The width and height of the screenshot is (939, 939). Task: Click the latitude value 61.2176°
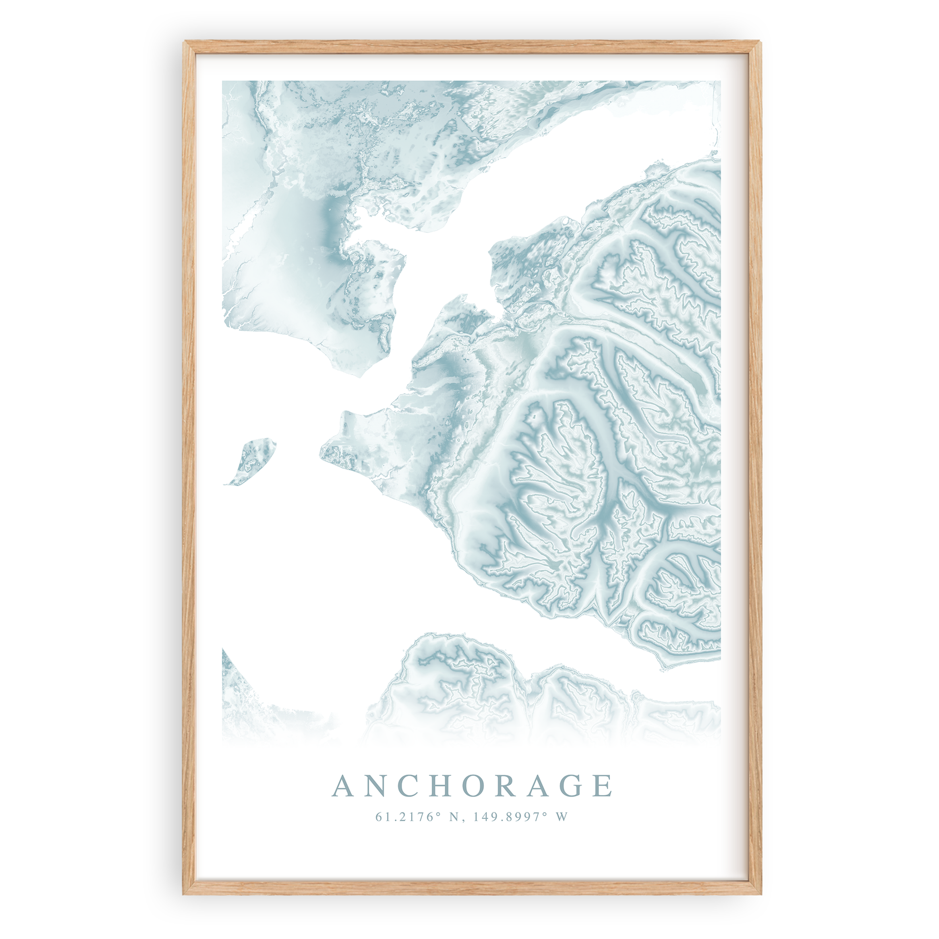point(404,817)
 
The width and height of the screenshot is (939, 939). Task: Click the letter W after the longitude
point(561,817)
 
